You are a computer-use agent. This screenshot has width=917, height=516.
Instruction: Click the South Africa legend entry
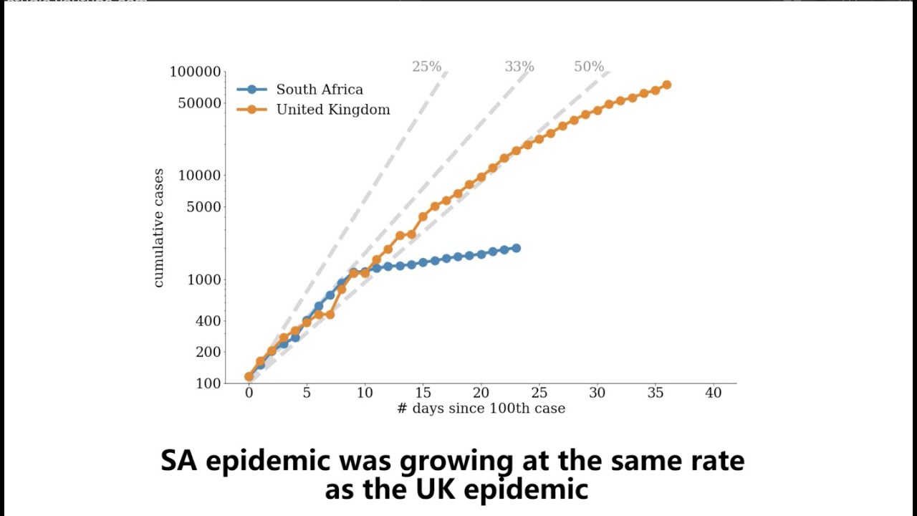point(319,90)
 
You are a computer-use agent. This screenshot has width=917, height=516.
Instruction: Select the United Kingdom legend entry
point(332,110)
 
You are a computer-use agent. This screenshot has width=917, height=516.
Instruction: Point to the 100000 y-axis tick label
point(195,72)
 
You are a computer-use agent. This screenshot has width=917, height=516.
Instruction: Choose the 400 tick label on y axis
point(208,320)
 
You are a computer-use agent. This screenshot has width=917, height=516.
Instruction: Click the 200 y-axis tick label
point(208,352)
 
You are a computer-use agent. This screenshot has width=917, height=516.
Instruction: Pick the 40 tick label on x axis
point(713,393)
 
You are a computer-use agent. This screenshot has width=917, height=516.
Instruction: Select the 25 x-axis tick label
point(539,393)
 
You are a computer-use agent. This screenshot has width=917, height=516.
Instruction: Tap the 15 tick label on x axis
point(423,393)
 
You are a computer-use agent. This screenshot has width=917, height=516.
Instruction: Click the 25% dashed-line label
point(426,67)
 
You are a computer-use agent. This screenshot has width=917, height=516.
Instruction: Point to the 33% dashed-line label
point(519,67)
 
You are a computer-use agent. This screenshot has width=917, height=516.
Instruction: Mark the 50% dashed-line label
point(589,67)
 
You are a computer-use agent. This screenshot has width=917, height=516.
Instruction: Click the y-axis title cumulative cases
point(159,228)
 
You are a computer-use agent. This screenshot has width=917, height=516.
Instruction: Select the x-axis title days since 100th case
point(481,408)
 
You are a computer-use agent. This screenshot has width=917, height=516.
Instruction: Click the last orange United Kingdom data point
point(666,85)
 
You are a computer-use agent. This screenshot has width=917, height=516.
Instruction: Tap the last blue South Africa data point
point(516,248)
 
